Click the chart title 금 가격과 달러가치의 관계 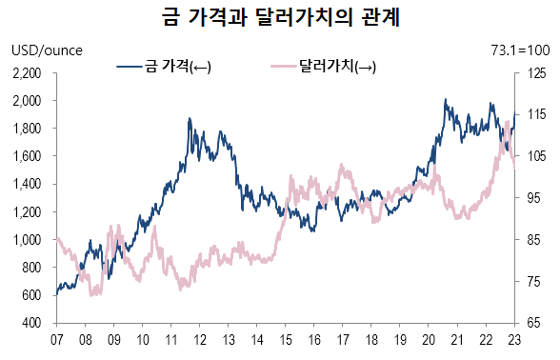click(x=280, y=18)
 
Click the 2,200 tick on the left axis click(x=30, y=72)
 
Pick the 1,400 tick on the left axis click(x=30, y=184)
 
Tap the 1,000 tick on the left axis click(x=30, y=240)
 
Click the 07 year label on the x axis click(x=56, y=339)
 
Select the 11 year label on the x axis click(x=170, y=339)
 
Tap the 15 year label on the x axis click(x=286, y=339)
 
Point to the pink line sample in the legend click(x=282, y=67)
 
